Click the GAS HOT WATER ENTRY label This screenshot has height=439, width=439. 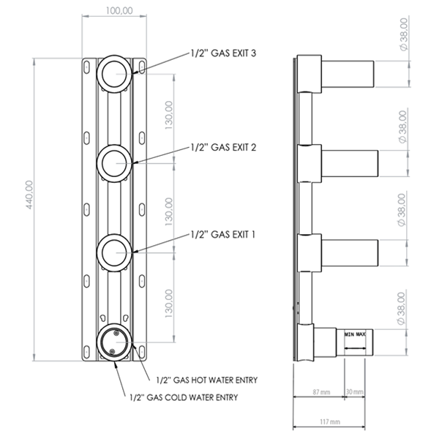coord(209,380)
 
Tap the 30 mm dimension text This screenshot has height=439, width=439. coord(355,393)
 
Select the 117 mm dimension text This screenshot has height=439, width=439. coord(331,422)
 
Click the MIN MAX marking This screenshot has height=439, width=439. coord(355,334)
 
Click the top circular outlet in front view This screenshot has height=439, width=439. coord(115,72)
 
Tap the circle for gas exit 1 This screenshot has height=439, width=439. coord(115,253)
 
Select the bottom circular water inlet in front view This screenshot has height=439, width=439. coord(115,342)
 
